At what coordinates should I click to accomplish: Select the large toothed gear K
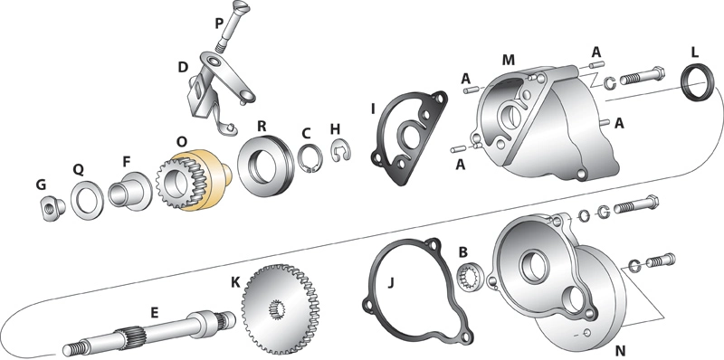click(x=281, y=307)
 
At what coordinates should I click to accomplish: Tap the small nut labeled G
click(x=52, y=208)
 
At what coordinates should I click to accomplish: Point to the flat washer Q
click(x=87, y=201)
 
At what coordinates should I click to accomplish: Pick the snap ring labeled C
click(x=309, y=158)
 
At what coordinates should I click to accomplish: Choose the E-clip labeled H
click(x=342, y=151)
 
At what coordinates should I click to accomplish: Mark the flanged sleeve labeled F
click(x=129, y=191)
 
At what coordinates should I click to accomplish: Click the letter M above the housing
click(x=508, y=60)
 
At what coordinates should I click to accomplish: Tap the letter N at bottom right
click(x=621, y=350)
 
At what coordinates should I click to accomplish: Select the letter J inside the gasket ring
click(x=391, y=282)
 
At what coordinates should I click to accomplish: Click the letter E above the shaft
click(x=154, y=312)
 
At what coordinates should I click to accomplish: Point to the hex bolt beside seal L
click(x=643, y=76)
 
